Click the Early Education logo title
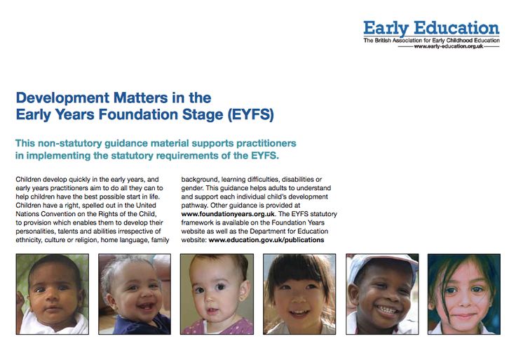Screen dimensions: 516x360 coord(431,28)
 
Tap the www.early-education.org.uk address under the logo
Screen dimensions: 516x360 coord(449,46)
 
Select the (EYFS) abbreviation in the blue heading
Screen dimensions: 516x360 coord(251,114)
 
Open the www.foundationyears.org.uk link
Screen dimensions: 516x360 coord(228,214)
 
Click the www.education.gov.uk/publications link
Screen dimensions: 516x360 coord(266,240)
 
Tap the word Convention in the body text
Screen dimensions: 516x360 coord(57,214)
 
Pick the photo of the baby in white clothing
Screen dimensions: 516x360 coord(53,294)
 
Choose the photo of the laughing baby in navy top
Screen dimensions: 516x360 coord(135,294)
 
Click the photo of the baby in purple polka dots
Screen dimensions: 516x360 coord(217,294)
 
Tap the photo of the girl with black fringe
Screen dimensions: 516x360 coord(299,294)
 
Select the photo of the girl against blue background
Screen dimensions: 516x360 coord(464,294)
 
